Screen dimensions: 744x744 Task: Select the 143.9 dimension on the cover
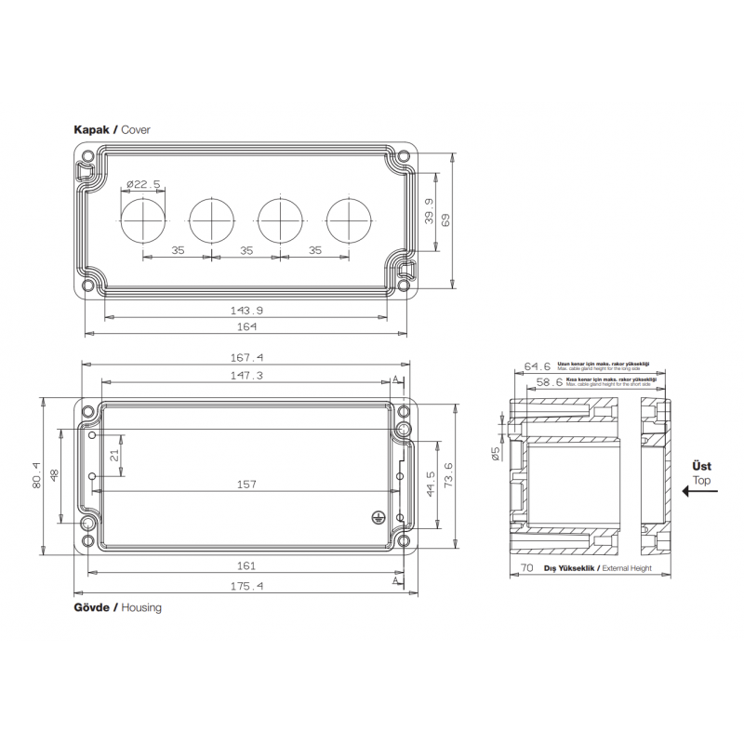tap(246, 310)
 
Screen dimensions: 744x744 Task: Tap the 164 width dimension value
tap(246, 326)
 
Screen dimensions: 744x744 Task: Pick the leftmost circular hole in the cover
tap(143, 220)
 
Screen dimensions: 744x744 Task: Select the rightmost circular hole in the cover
tap(349, 220)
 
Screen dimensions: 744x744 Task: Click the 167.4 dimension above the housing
tap(246, 357)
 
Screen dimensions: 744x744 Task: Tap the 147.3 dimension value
tap(246, 376)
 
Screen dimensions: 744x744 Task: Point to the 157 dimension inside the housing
tap(246, 484)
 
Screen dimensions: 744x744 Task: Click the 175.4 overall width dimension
tap(246, 586)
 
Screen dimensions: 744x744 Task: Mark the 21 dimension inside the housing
tap(113, 455)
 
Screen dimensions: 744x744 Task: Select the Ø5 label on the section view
tap(497, 452)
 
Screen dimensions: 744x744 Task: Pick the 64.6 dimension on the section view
tap(538, 366)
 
